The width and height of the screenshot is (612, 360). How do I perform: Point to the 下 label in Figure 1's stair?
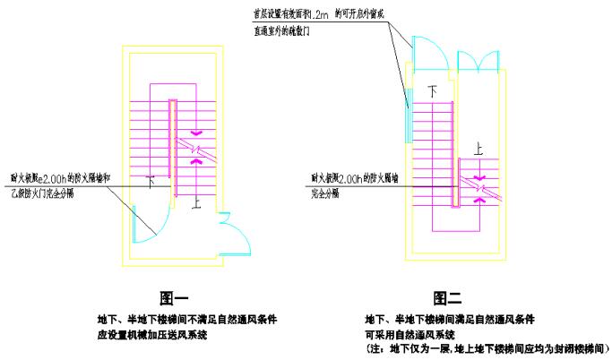[151, 180]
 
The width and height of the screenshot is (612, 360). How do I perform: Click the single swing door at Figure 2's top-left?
[426, 49]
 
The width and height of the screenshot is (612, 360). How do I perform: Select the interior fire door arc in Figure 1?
[146, 224]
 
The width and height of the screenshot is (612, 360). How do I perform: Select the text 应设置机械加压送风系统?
[152, 335]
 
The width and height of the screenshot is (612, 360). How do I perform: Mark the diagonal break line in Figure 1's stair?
[195, 149]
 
